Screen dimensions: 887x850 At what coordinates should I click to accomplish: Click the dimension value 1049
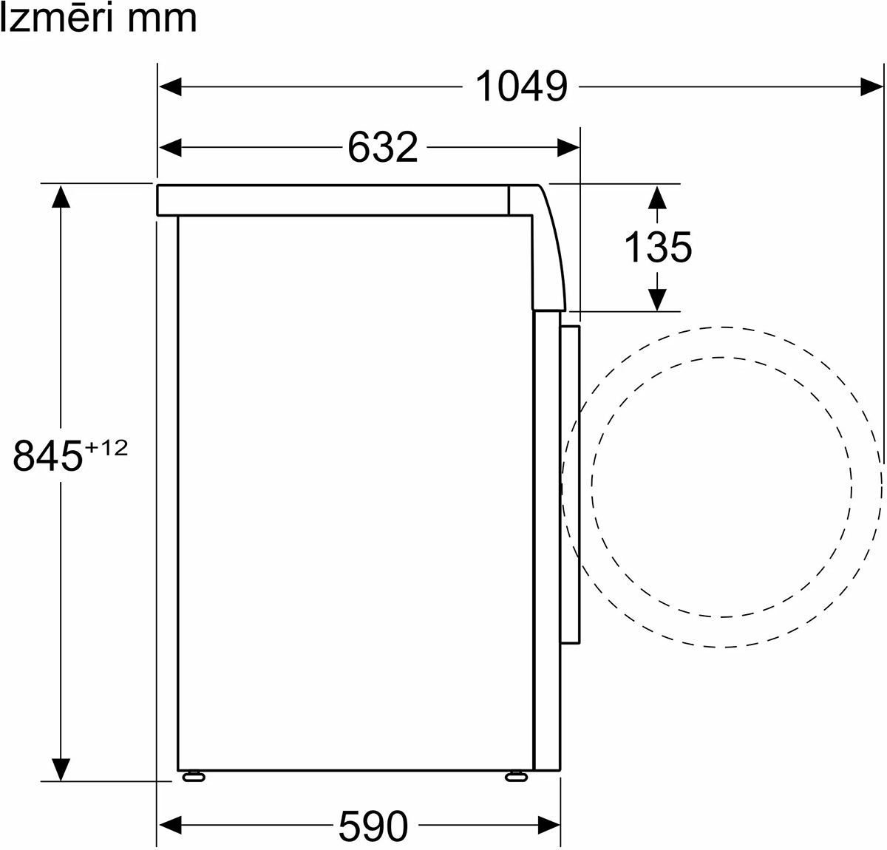tap(521, 86)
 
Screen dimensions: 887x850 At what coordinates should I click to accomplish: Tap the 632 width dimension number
tap(382, 147)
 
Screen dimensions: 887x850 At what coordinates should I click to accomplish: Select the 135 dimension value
tap(657, 248)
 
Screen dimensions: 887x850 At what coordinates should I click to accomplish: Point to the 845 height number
tap(47, 456)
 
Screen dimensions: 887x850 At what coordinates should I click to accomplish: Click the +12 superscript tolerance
tap(106, 448)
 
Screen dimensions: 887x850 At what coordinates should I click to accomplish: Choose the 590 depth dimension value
tap(373, 826)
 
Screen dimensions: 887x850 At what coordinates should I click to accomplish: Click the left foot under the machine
tap(194, 777)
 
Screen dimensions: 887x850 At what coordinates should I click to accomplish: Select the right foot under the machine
tap(516, 777)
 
